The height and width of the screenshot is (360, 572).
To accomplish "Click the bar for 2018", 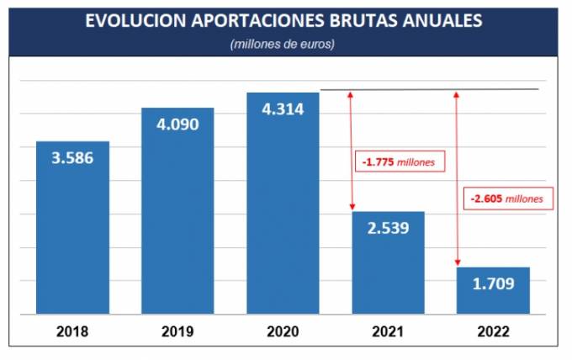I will tap(72, 227).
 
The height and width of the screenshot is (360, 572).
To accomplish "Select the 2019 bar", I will tap(177, 210).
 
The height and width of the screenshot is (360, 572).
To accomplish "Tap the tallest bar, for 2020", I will tap(283, 203).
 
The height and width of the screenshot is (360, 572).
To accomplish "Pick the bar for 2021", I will tap(387, 262).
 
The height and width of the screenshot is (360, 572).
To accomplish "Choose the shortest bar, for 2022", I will tap(493, 290).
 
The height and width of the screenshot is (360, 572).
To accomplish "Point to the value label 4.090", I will tap(177, 124).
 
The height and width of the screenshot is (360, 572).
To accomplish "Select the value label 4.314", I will tap(283, 109).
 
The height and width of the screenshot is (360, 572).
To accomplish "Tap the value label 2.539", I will tap(387, 227).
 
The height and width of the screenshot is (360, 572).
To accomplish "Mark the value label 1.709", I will tap(493, 283).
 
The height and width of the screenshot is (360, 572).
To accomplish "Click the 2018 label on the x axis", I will tap(72, 331).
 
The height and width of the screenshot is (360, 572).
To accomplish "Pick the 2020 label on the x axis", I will tap(283, 331).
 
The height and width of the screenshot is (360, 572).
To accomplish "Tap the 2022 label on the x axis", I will tap(493, 331).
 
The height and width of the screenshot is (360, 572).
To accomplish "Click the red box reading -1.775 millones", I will tap(398, 162).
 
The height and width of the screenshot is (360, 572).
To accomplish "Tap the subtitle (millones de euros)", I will tap(283, 44).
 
